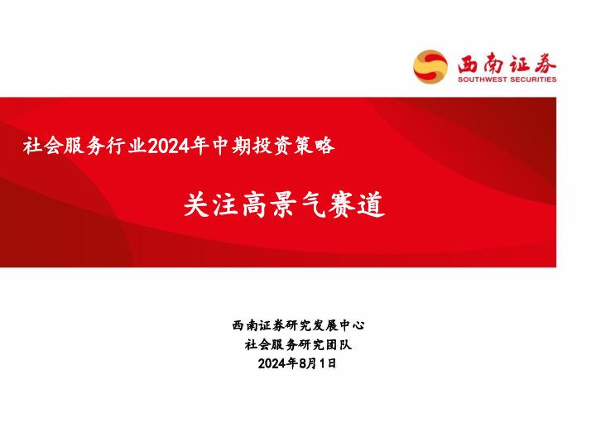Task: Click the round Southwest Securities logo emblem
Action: point(430,66)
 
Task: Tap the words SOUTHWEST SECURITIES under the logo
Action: point(507,79)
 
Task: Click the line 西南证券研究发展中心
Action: point(298,325)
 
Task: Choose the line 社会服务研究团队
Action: point(298,344)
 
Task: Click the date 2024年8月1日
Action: point(298,363)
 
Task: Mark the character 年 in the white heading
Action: point(198,147)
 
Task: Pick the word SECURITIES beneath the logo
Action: point(534,79)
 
